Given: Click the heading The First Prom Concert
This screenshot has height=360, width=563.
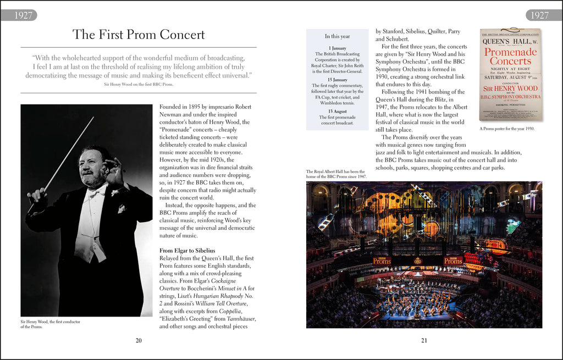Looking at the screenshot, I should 139,35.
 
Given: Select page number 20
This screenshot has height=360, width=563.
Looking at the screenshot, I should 139,340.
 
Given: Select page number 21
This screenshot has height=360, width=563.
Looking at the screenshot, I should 424,340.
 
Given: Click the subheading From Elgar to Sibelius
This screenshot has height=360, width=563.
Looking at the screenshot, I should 187,251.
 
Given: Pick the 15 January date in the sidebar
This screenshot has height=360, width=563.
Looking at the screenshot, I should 337,80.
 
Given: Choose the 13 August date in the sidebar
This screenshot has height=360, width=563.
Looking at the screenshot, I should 337,111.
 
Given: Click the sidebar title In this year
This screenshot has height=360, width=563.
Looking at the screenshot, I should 337,36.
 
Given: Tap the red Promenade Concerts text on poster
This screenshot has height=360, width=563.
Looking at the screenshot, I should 510,57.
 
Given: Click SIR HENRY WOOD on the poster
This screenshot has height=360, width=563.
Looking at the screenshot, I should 510,88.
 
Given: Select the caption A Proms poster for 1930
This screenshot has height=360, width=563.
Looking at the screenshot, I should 507,129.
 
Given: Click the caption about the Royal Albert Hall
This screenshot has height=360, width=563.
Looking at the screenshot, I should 335,174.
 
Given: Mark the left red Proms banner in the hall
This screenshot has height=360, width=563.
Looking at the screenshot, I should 382,261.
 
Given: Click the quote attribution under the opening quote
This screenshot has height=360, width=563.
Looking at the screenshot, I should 139,84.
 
